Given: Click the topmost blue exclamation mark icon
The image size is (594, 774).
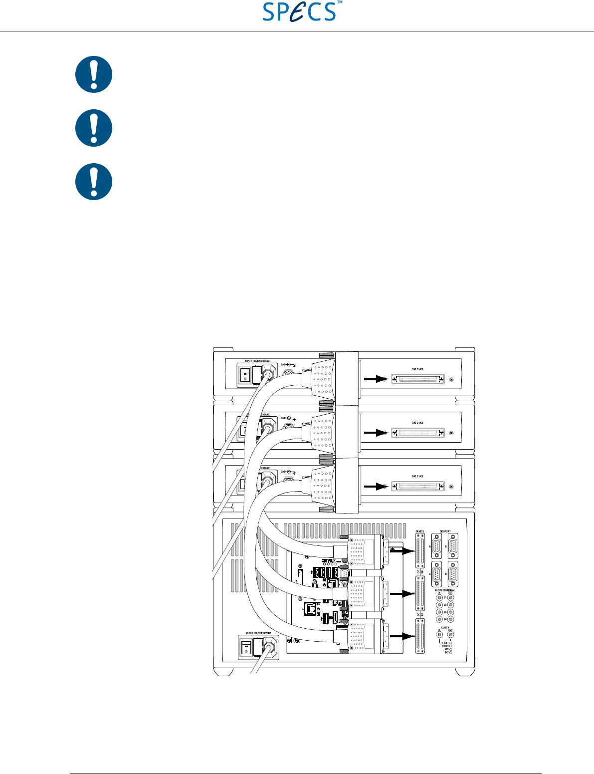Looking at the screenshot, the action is point(94,74).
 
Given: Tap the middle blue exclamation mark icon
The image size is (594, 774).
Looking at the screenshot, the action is point(94,128).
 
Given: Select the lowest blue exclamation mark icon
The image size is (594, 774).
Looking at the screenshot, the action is point(94,182).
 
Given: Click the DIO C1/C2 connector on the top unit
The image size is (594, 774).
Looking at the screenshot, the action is point(417,380).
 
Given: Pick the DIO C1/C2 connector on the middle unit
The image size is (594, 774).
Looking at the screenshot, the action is point(417,432).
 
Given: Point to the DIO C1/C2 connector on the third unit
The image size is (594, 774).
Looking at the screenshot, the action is point(417,486).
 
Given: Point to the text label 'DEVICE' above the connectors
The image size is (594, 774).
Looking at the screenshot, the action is point(420,531).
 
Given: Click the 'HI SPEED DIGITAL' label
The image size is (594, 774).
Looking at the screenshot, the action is point(445,590).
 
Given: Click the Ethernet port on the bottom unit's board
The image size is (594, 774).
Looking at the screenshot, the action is point(311,608).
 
